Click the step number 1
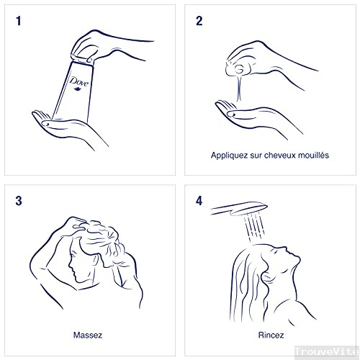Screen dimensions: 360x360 point(19,21)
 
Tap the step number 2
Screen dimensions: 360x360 point(199,21)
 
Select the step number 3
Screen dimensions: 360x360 point(19,201)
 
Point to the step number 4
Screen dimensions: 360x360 point(199,201)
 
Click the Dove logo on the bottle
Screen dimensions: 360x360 point(79,83)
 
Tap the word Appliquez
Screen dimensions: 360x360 point(229,156)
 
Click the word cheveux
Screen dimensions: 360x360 point(279,156)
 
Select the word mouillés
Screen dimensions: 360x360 point(313,155)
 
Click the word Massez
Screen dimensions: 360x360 point(88,335)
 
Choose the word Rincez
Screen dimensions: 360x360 point(271,335)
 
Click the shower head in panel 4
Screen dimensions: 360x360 point(239,209)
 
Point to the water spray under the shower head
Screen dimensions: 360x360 point(254,227)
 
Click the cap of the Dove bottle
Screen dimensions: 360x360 point(82,59)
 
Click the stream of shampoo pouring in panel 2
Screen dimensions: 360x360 point(239,88)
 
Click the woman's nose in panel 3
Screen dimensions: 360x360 point(70,264)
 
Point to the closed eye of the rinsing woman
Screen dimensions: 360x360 point(275,251)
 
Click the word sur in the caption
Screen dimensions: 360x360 point(256,156)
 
